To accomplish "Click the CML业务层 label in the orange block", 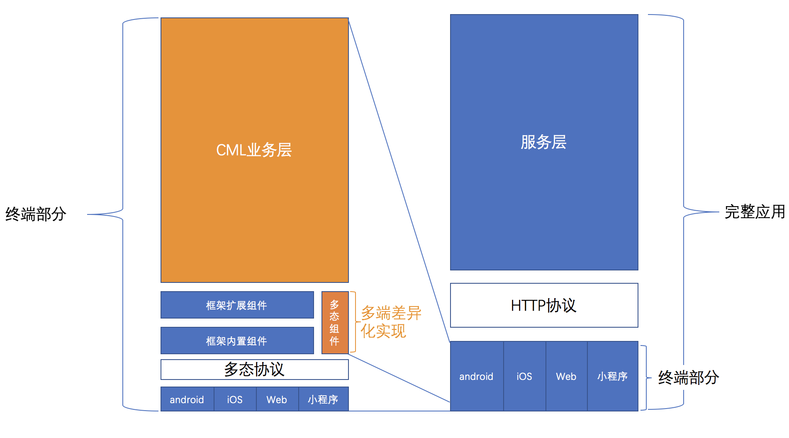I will tap(254, 150).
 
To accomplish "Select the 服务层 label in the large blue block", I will tap(543, 142).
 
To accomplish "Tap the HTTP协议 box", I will tap(543, 306).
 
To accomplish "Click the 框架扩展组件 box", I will tap(237, 305).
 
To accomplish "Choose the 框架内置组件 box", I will tap(237, 341).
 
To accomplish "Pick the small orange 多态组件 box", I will tap(335, 323).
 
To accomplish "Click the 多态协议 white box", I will tap(254, 369).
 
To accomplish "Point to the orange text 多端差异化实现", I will tap(391, 322).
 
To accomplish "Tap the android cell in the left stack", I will tap(187, 399).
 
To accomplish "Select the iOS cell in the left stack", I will tap(235, 399).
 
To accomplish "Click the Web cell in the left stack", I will tap(277, 399).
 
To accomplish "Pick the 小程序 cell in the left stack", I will tap(323, 399).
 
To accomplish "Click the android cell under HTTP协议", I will tap(476, 376).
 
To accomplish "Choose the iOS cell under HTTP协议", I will tap(524, 376).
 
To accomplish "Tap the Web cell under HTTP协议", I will tap(566, 376).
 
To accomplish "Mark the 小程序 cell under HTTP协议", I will tap(612, 376).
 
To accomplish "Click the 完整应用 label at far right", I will tap(755, 212).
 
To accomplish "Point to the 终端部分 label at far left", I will tap(36, 214).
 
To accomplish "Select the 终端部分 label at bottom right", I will tap(689, 378).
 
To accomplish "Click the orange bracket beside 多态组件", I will tap(354, 322).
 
